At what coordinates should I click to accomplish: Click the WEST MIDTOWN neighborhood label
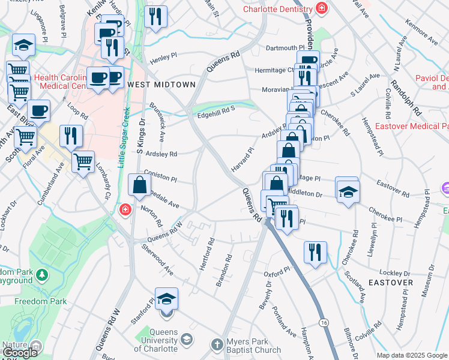(x=161, y=85)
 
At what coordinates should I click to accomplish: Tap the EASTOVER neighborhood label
(x=390, y=282)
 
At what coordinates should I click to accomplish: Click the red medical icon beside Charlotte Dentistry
(x=322, y=8)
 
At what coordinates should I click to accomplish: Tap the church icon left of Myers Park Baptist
(x=217, y=344)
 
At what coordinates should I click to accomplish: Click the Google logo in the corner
(x=20, y=352)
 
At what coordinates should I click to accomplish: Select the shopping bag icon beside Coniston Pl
(x=139, y=185)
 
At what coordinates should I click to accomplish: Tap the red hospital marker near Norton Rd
(x=125, y=209)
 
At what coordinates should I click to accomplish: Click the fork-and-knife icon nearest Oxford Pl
(x=315, y=252)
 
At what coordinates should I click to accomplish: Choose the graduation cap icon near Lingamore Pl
(x=23, y=45)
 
